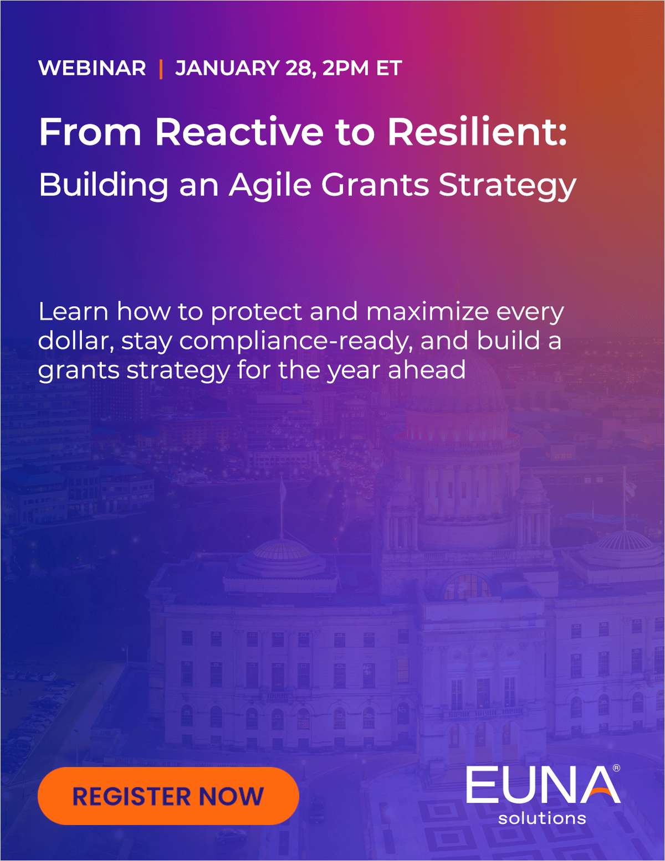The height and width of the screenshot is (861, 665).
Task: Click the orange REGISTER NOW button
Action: pyautogui.click(x=168, y=796)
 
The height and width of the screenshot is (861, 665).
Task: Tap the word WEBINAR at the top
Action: pyautogui.click(x=93, y=68)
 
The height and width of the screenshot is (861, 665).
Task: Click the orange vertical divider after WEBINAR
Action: pyautogui.click(x=161, y=69)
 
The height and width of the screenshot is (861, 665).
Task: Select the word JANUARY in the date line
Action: pyautogui.click(x=228, y=68)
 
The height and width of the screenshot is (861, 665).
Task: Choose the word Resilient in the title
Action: pyautogui.click(x=477, y=132)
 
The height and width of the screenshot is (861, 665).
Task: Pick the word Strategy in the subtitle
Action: pyautogui.click(x=507, y=186)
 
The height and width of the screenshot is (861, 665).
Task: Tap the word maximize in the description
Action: pyautogui.click(x=427, y=311)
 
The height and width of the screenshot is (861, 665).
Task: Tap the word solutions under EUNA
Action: pyautogui.click(x=542, y=818)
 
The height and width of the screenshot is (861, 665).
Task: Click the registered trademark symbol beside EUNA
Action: pyautogui.click(x=616, y=769)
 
